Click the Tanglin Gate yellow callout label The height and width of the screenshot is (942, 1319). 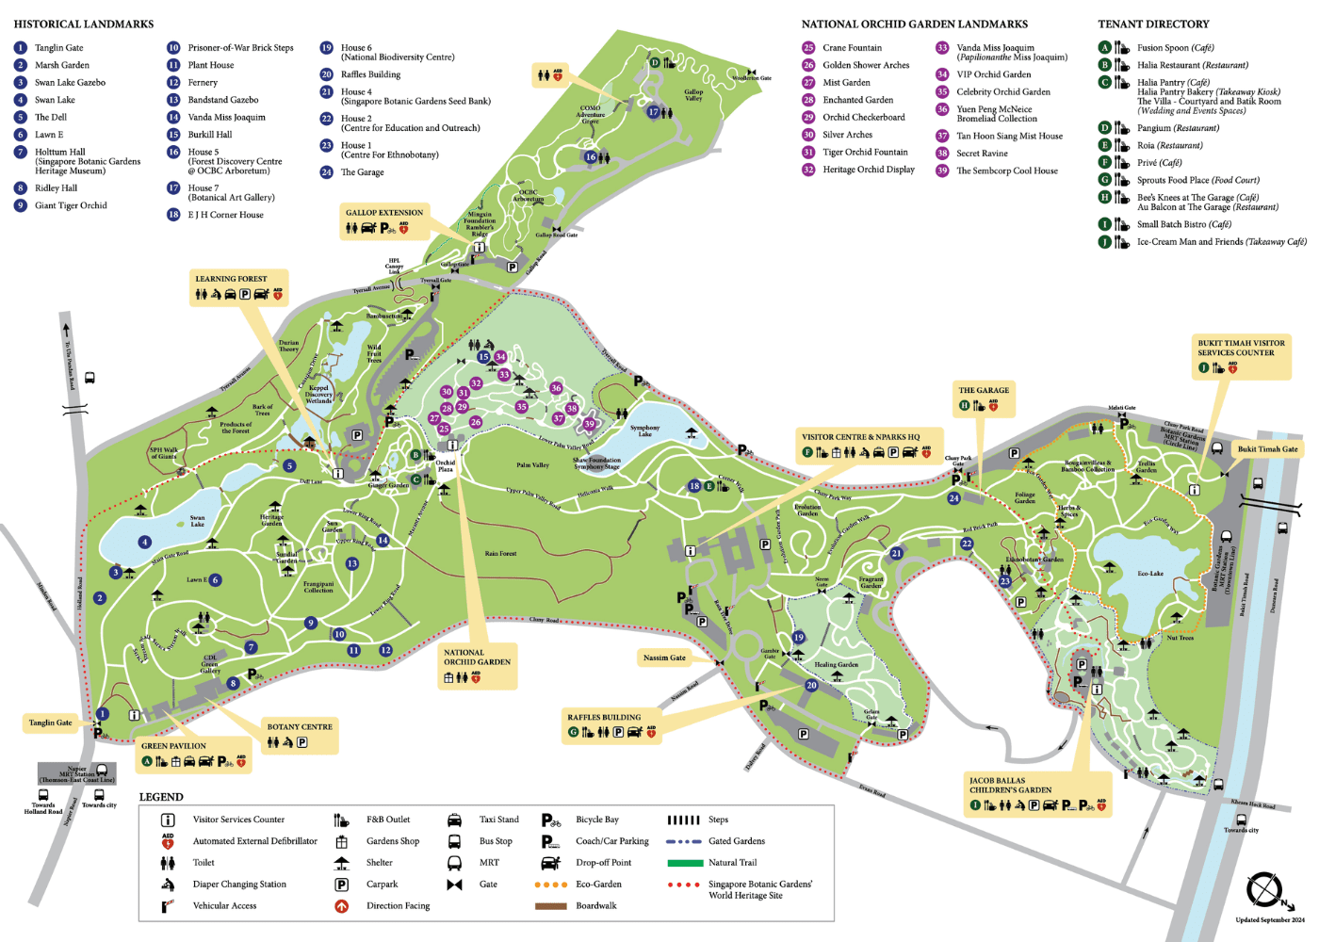click(50, 723)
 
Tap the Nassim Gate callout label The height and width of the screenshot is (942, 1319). click(664, 658)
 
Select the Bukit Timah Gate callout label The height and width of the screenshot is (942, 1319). click(1267, 448)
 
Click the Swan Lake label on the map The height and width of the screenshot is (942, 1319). click(197, 521)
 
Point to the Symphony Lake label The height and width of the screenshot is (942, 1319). click(645, 430)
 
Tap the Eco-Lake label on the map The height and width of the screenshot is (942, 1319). click(1150, 573)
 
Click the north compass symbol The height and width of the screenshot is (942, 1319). click(1264, 890)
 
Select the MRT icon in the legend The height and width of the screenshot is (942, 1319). click(454, 863)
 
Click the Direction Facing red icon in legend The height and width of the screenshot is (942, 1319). click(342, 906)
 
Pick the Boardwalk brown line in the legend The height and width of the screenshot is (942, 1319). click(550, 906)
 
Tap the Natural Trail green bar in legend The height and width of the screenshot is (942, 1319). click(685, 863)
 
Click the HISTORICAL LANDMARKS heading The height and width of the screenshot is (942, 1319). click(84, 24)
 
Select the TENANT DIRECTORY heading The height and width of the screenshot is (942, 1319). click(1153, 24)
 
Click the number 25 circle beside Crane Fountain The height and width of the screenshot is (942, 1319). click(808, 47)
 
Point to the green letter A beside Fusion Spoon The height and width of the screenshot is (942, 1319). click(1104, 47)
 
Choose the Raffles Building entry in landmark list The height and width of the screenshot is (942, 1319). click(370, 74)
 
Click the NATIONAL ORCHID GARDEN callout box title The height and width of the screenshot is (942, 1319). click(477, 657)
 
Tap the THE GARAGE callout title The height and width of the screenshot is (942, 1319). click(984, 390)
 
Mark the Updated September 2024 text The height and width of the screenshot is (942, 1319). click(1269, 920)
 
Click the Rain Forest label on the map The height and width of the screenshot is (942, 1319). click(500, 554)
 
